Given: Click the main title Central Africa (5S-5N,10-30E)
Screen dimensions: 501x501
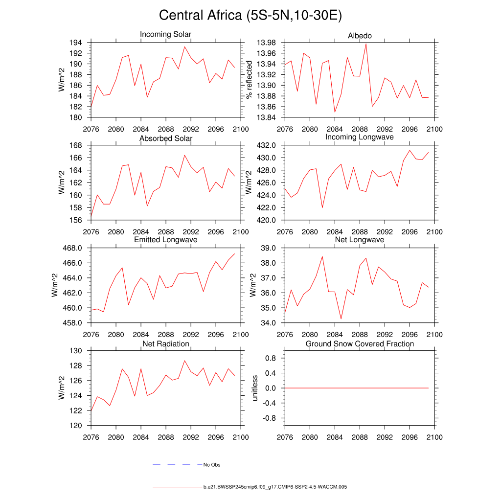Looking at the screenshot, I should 250,16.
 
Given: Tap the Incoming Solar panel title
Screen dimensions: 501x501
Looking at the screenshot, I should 165,35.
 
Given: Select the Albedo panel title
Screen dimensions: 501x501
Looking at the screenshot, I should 360,36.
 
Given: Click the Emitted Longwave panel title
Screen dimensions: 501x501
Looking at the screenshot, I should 165,240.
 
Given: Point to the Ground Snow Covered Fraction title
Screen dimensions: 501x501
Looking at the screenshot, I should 360,344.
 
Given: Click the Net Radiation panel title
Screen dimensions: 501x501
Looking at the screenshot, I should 165,344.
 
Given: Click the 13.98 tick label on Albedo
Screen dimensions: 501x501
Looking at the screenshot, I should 266,43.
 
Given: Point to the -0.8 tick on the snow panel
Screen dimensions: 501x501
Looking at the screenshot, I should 270,418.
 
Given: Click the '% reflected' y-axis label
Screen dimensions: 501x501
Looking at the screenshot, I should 250,80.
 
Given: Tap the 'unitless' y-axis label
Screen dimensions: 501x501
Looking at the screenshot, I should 254,388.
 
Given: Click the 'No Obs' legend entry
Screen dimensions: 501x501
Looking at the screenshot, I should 212,465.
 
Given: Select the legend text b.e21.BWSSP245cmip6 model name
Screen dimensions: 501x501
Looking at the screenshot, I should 275,487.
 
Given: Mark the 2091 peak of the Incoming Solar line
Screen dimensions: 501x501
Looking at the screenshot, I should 184,47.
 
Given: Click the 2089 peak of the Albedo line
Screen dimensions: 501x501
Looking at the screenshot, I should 366,44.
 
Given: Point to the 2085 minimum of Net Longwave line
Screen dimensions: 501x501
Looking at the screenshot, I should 341,319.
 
